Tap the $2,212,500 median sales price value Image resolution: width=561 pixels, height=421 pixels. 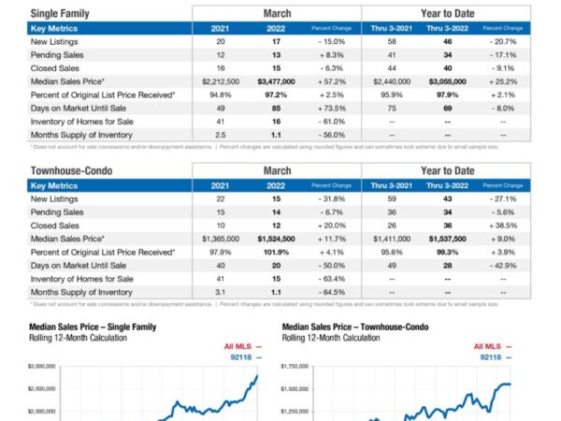(x=221, y=82)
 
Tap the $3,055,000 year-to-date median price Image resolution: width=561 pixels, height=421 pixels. (x=448, y=82)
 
